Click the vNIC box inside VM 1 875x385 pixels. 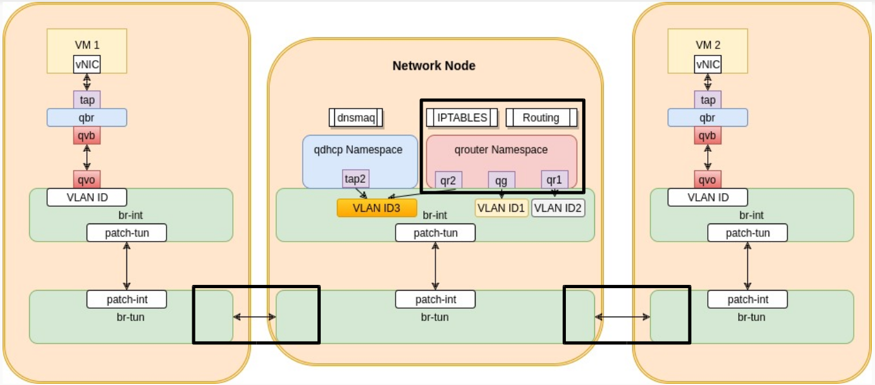click(x=86, y=64)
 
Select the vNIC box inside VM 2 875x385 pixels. click(x=707, y=64)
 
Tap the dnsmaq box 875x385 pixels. click(x=356, y=118)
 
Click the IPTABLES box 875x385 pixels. click(x=462, y=118)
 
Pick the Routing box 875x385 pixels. click(x=541, y=118)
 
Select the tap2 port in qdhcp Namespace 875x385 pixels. click(x=356, y=179)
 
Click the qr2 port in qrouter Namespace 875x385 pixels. click(x=448, y=180)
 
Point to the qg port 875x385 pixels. click(x=501, y=180)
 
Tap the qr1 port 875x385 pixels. click(x=554, y=180)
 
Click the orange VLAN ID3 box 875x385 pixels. click(x=377, y=208)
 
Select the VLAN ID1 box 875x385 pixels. click(x=501, y=208)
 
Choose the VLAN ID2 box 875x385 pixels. click(x=558, y=208)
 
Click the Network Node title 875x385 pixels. click(x=434, y=66)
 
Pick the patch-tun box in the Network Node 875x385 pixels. click(x=435, y=233)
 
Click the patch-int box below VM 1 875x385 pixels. click(x=126, y=299)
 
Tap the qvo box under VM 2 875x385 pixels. click(x=707, y=180)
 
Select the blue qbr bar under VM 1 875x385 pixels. click(x=86, y=118)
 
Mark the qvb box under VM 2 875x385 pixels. click(x=707, y=135)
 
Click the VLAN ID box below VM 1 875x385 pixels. click(x=86, y=198)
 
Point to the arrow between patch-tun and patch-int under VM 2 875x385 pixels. click(x=747, y=266)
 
